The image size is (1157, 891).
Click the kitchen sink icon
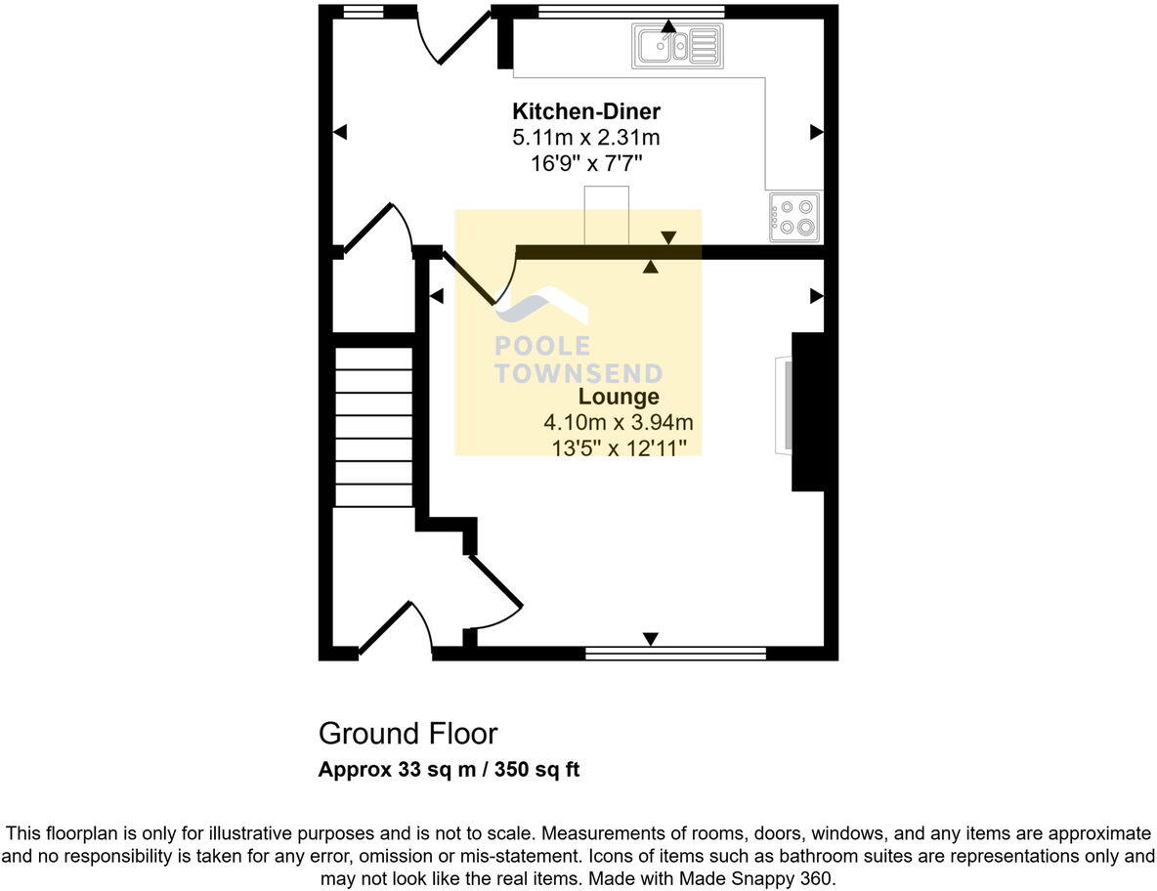(x=678, y=45)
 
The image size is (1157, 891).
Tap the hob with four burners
(x=793, y=217)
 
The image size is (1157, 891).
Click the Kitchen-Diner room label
(x=586, y=111)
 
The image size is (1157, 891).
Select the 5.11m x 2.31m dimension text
(x=586, y=138)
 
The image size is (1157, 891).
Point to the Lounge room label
(x=619, y=397)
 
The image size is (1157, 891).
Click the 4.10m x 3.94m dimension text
(x=619, y=423)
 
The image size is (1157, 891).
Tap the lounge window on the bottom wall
(x=675, y=653)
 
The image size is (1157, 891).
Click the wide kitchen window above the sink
(x=630, y=12)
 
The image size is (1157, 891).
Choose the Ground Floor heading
(x=407, y=734)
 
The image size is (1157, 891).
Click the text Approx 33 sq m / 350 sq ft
(x=449, y=770)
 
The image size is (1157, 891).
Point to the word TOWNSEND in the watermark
(x=578, y=373)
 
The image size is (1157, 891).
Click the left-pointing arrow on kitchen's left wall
(x=340, y=133)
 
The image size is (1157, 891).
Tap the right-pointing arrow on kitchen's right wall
(x=816, y=133)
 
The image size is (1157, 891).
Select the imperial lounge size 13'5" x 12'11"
(x=619, y=447)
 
